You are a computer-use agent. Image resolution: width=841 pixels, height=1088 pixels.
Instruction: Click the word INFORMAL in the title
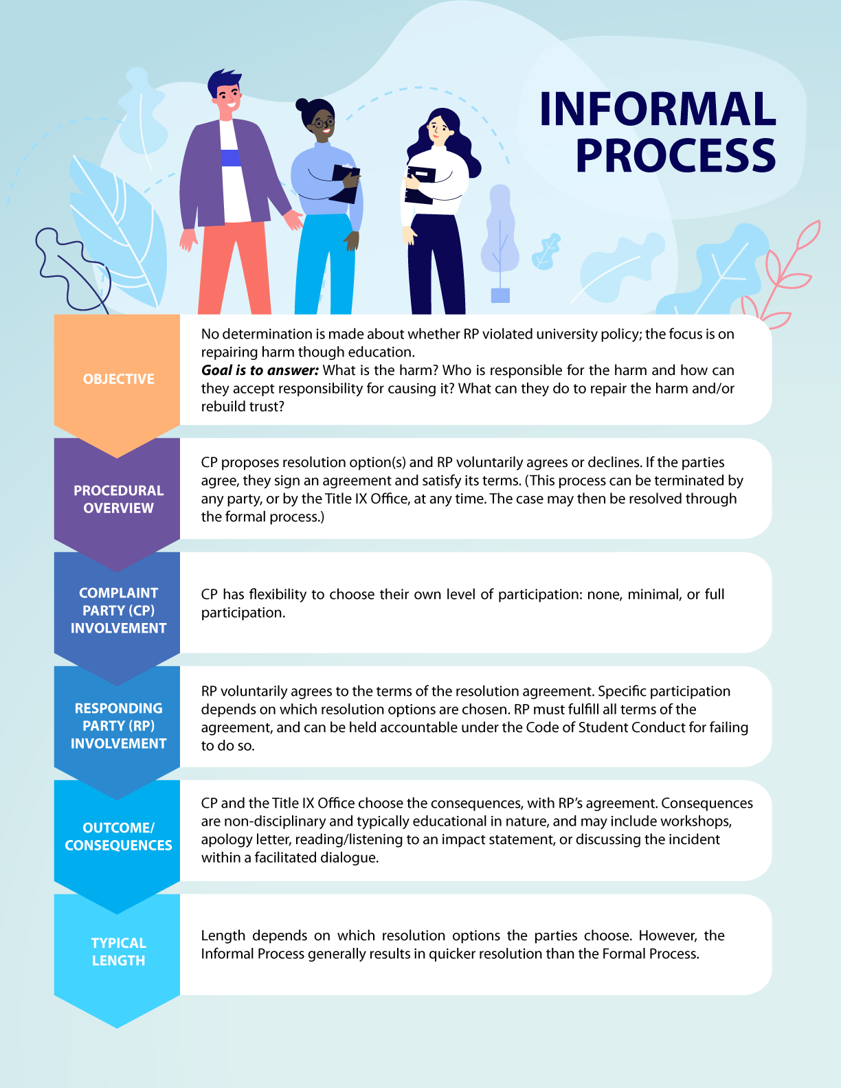pos(658,109)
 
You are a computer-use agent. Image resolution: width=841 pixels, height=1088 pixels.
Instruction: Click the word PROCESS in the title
pos(676,155)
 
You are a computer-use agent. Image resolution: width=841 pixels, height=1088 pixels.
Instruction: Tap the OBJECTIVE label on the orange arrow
pos(119,379)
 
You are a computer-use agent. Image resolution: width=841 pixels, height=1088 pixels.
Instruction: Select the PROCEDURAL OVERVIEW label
pos(119,499)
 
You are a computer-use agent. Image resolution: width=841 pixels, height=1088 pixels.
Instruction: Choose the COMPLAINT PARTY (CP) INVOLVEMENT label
pos(119,611)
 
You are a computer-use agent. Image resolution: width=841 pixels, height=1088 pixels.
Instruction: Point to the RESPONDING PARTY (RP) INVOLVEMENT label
pos(119,726)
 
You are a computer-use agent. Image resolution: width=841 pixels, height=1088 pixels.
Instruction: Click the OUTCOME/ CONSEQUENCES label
pos(119,837)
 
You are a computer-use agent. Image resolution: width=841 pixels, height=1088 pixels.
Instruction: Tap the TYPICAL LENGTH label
pos(119,952)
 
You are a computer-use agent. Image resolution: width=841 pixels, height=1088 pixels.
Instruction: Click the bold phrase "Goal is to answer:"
pos(260,370)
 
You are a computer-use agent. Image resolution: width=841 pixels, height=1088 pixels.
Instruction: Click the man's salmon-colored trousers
pos(233,268)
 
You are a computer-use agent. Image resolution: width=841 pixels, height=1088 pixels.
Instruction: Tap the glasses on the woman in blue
pos(323,124)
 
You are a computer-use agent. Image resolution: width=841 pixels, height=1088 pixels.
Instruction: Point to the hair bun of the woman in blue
pos(302,105)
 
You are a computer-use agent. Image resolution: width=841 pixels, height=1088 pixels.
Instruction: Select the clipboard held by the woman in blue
pos(345,183)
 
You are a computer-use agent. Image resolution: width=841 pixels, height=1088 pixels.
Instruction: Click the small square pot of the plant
pos(500,295)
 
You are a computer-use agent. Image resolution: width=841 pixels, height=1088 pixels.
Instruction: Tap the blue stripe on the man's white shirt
pos(231,157)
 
